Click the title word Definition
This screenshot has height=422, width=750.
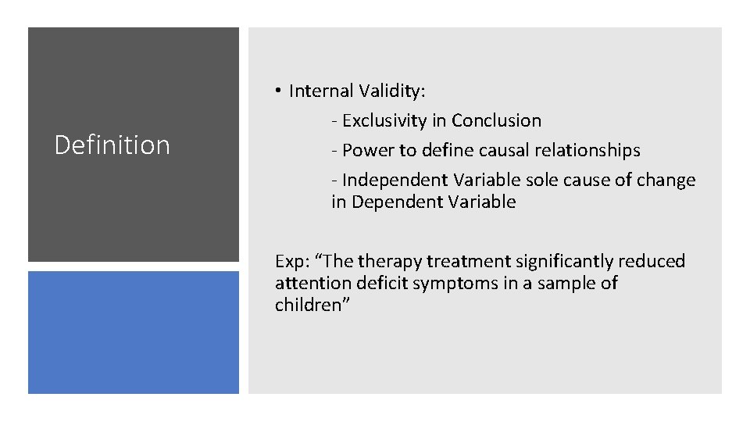112,145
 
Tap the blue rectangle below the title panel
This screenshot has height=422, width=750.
134,332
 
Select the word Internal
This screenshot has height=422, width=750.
322,91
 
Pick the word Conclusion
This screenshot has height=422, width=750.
496,121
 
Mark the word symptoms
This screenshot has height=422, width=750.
457,283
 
